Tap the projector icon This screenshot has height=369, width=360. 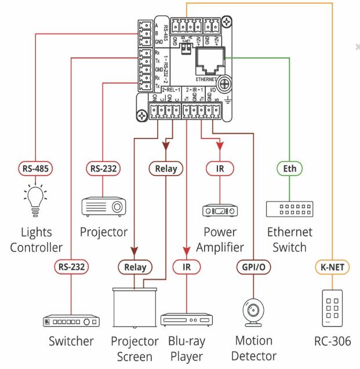click(102, 206)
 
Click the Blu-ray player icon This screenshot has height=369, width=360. click(184, 320)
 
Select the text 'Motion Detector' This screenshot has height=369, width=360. click(255, 348)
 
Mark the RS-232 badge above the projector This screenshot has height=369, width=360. click(103, 170)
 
